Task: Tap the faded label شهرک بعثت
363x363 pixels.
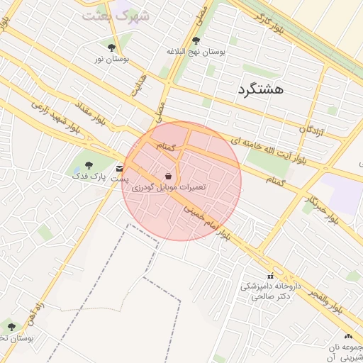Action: click(x=116, y=15)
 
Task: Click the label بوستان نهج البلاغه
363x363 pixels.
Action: click(x=196, y=52)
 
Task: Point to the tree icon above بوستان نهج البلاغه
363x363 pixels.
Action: click(x=196, y=40)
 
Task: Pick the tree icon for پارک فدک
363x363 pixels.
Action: click(x=89, y=164)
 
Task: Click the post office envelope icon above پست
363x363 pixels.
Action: click(x=120, y=168)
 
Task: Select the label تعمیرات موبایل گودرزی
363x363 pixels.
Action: click(x=172, y=186)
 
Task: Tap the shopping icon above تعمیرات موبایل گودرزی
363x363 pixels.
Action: click(x=168, y=176)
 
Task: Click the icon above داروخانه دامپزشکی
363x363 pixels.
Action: click(x=269, y=276)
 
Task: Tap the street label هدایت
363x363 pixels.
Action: click(x=138, y=85)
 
